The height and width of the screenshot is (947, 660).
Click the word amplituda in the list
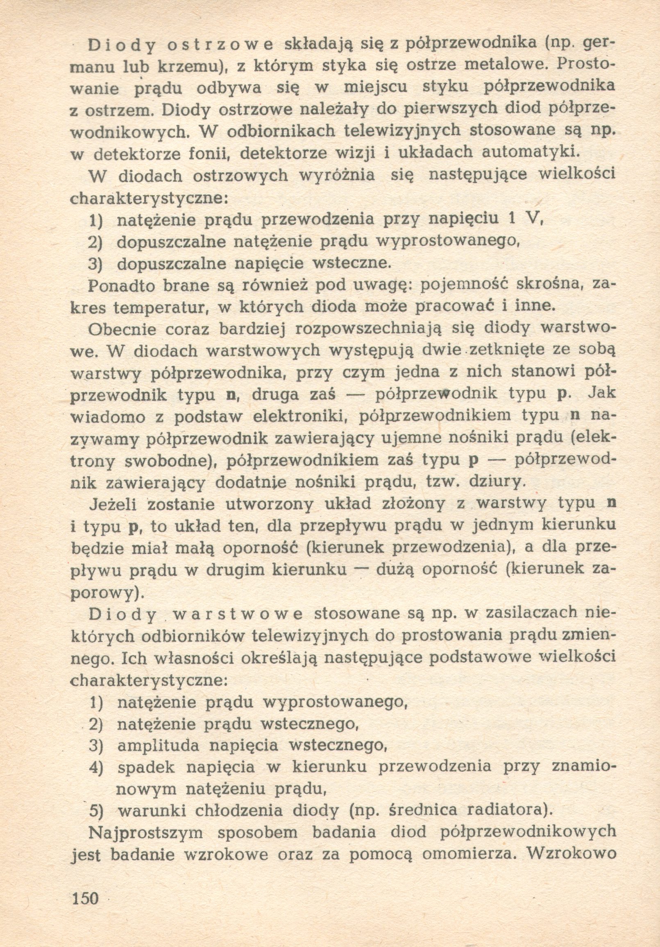click(159, 745)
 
